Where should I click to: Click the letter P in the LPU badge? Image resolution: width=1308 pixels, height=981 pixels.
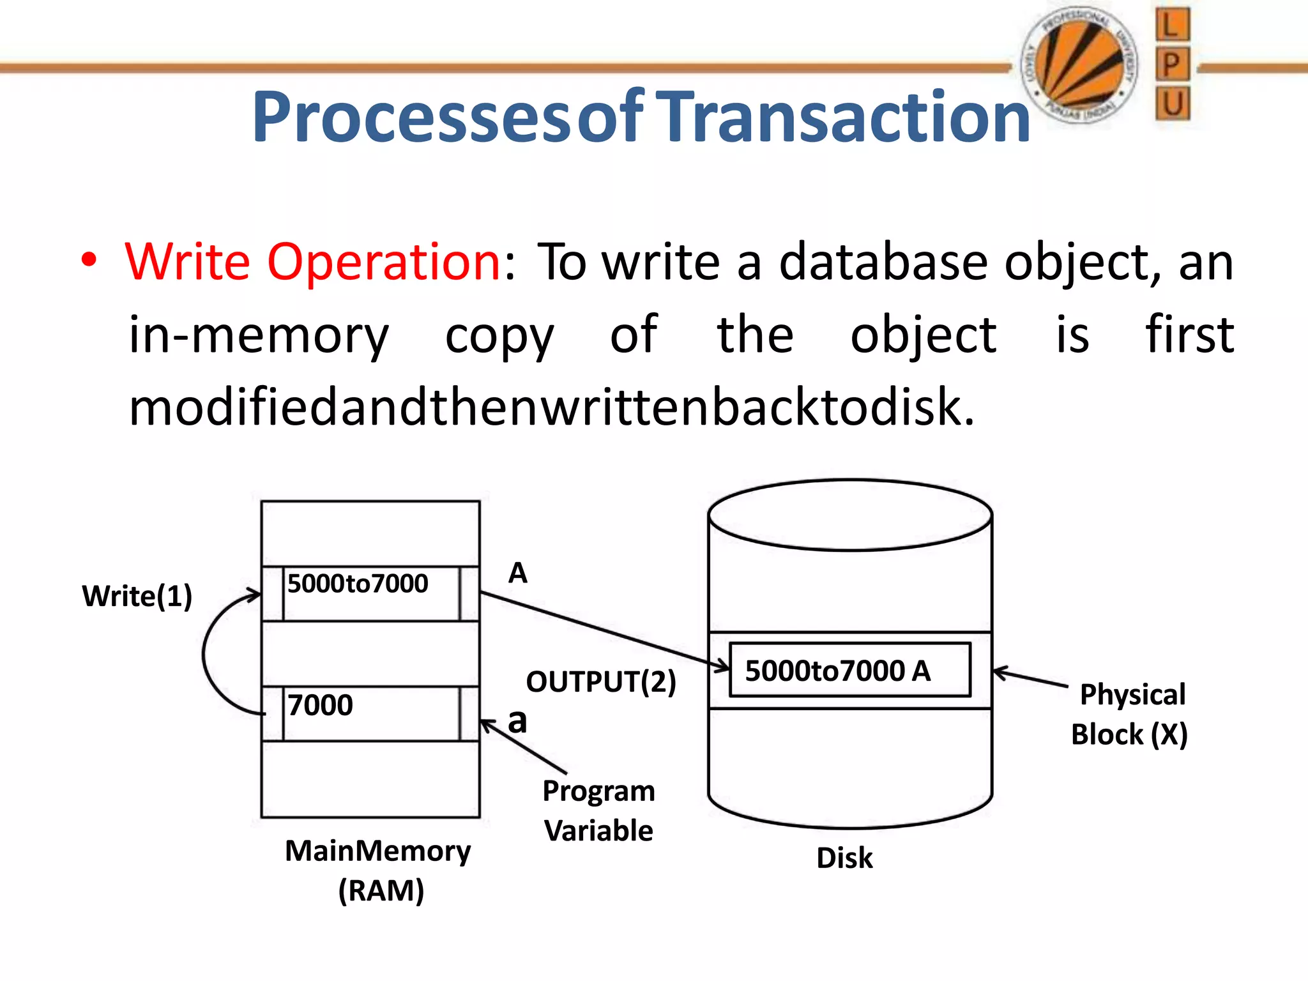coord(1171,65)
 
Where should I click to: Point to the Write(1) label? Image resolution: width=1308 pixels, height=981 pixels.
coord(137,596)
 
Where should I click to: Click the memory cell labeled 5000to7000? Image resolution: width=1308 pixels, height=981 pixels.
coord(370,593)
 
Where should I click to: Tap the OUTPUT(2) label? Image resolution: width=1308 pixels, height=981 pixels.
coord(600,681)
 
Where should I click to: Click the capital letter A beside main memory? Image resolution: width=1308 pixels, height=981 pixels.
coord(517,573)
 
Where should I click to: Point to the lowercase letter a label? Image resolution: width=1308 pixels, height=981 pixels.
coord(517,721)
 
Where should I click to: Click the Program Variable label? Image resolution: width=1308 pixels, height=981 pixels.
coord(598,810)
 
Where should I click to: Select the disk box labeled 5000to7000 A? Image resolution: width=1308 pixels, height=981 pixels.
coord(849,670)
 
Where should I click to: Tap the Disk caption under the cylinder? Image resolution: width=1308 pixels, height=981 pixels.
coord(844,858)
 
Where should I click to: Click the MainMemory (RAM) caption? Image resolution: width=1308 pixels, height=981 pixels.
coord(379,870)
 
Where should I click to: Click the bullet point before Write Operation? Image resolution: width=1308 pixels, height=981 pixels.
coord(89,261)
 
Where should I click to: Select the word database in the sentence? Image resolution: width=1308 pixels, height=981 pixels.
coord(883,262)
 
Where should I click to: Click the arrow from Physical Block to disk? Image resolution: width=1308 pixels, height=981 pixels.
coord(1030,678)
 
